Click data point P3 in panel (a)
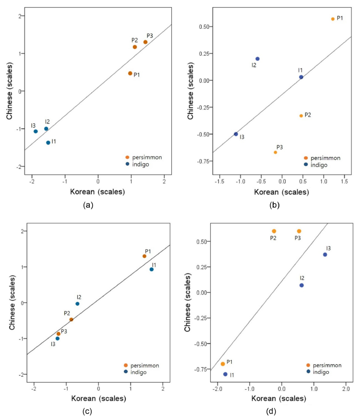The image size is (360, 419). pyautogui.click(x=145, y=42)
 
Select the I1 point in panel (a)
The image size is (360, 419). pyautogui.click(x=48, y=143)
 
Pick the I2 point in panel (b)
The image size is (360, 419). pyautogui.click(x=257, y=59)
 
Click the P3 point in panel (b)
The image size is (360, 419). pyautogui.click(x=276, y=152)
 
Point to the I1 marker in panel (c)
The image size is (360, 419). pyautogui.click(x=152, y=269)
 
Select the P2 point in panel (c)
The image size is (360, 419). pyautogui.click(x=71, y=320)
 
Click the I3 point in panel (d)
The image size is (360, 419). pyautogui.click(x=325, y=254)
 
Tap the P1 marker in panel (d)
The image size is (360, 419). pyautogui.click(x=223, y=364)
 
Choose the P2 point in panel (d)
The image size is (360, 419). pyautogui.click(x=274, y=231)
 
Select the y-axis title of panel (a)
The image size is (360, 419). pyautogui.click(x=9, y=92)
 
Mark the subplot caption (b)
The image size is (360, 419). pyautogui.click(x=276, y=205)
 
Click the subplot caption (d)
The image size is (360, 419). pyautogui.click(x=276, y=411)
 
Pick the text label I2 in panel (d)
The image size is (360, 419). pyautogui.click(x=301, y=277)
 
